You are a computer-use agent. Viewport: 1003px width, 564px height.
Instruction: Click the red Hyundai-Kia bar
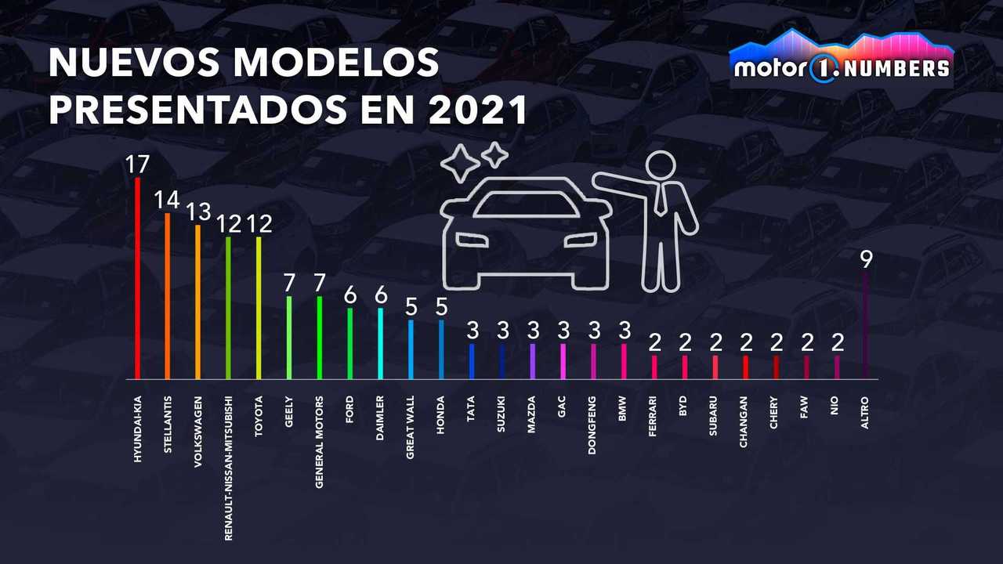137,278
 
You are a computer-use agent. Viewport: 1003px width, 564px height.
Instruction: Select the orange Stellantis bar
167,296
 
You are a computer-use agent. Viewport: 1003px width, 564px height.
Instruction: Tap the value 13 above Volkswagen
197,211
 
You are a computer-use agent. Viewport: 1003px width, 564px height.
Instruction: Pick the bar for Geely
289,338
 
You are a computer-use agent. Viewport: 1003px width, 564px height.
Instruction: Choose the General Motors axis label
320,442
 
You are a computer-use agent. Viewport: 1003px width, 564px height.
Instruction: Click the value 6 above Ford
350,295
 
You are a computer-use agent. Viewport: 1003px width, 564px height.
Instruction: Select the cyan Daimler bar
381,344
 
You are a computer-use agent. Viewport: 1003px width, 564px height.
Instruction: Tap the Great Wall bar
411,349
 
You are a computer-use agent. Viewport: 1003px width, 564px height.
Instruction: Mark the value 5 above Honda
442,306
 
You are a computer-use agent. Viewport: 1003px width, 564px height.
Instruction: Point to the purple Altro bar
865,326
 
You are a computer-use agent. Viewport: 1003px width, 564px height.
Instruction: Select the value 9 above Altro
866,259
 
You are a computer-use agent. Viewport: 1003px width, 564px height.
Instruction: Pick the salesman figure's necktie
661,199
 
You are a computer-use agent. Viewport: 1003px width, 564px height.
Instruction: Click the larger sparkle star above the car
460,163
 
